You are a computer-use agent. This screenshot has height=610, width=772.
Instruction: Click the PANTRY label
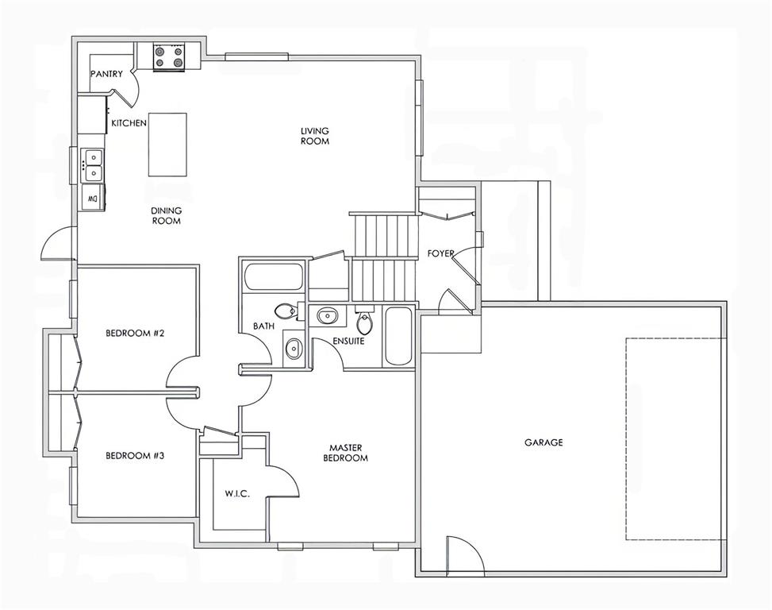click(106, 74)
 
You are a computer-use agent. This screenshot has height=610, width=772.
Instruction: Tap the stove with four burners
click(169, 56)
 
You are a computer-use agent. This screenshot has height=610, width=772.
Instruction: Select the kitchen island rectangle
click(168, 145)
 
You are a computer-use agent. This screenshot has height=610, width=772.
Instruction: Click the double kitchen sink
click(93, 165)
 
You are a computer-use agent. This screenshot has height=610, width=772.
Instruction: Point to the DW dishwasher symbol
click(93, 199)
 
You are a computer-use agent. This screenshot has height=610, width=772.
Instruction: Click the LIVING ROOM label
click(315, 136)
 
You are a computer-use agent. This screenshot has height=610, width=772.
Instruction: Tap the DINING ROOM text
click(167, 216)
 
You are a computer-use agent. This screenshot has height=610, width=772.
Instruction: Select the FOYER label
click(440, 253)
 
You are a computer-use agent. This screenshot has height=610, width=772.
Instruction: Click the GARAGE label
click(543, 442)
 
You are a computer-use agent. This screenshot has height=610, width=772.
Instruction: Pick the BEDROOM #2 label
click(135, 333)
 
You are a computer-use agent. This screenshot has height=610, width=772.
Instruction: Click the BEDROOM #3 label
click(135, 456)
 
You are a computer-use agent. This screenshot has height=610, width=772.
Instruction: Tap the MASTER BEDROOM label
click(346, 453)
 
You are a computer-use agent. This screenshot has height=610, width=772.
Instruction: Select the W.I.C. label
click(237, 494)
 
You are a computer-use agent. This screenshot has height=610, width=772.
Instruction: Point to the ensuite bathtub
click(398, 337)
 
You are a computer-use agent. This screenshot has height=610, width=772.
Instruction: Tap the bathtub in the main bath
click(273, 277)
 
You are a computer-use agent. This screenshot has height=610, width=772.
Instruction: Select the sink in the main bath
click(294, 349)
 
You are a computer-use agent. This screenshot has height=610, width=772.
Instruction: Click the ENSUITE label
click(348, 341)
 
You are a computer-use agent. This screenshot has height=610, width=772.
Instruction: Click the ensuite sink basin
click(327, 315)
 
